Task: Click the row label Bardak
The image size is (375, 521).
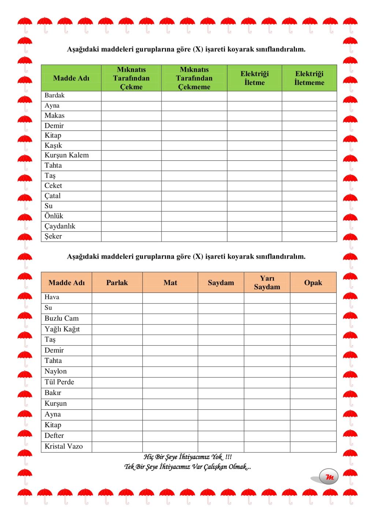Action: (55, 96)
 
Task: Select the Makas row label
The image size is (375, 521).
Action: (55, 116)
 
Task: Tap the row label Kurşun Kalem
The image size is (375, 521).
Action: (67, 155)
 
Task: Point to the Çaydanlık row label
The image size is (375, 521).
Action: (60, 226)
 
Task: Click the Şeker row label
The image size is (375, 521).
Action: (53, 236)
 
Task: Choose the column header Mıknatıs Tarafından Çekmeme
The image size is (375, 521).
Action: (194, 78)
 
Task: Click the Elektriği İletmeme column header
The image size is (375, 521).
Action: (309, 78)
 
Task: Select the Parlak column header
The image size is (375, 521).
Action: (117, 283)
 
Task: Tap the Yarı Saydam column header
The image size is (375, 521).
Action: (267, 283)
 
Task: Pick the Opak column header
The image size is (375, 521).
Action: (313, 283)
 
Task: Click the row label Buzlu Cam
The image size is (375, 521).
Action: (62, 319)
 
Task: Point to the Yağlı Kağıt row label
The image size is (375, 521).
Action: (62, 329)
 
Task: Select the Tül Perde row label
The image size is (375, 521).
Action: (59, 382)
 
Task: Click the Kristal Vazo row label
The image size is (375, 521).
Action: (64, 446)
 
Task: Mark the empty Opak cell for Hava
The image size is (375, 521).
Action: (313, 298)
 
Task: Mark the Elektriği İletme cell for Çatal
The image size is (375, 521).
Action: (255, 196)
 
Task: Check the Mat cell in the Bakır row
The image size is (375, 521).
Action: (170, 393)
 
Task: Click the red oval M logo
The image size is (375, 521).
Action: (329, 477)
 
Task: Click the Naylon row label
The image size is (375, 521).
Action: (56, 371)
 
